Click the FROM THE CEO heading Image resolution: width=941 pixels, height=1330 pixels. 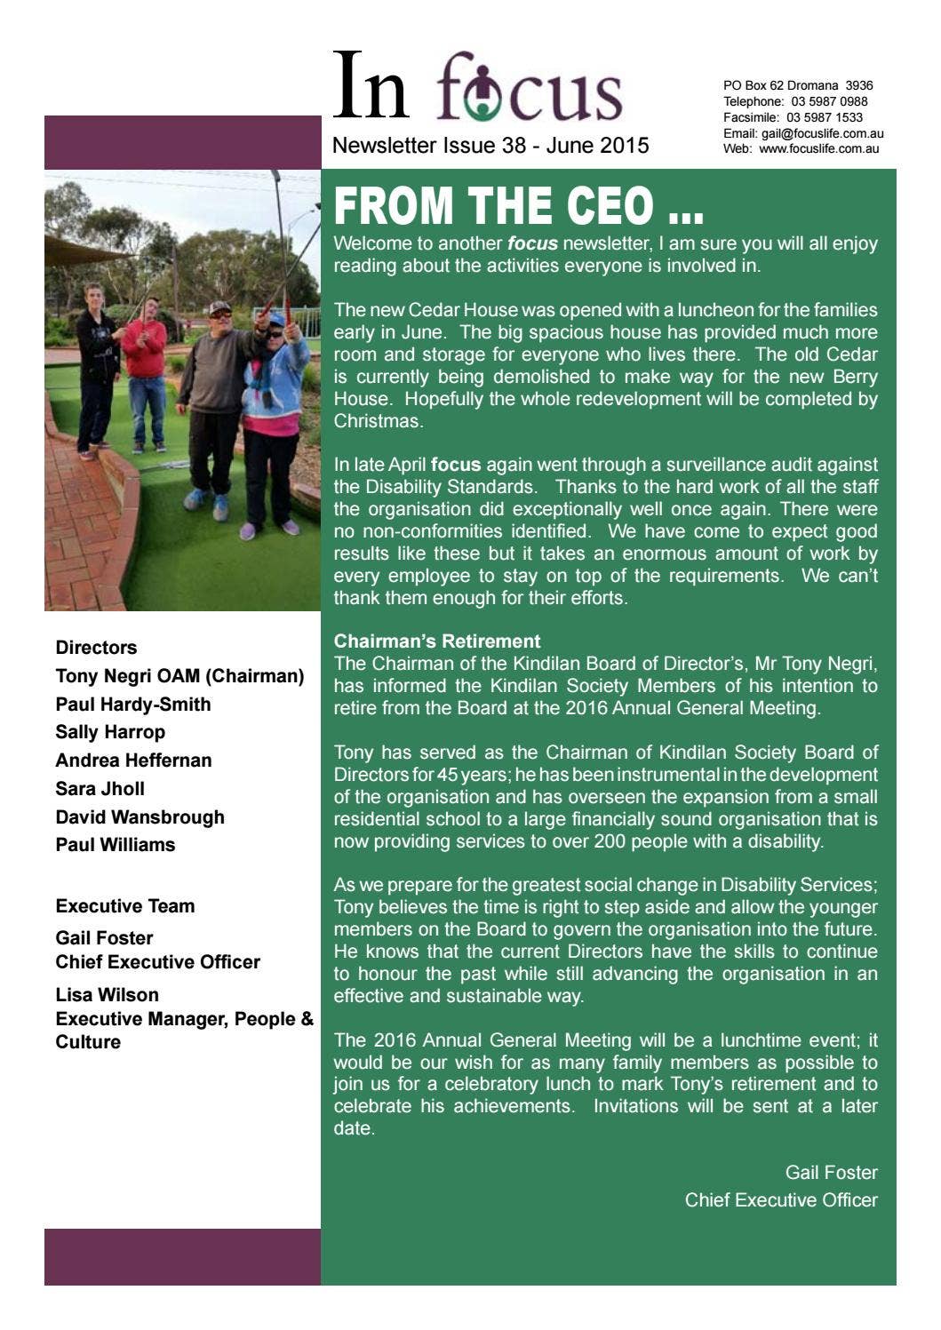tap(518, 206)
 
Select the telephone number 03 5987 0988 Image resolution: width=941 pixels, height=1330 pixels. tap(829, 101)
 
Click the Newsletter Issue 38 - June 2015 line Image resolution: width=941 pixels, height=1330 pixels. tap(490, 146)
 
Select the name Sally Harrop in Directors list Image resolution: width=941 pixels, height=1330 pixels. tap(110, 732)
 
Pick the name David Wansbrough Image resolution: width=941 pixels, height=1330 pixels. tap(140, 816)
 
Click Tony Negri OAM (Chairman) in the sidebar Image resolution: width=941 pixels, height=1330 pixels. tap(179, 676)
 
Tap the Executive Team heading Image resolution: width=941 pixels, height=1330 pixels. tap(124, 906)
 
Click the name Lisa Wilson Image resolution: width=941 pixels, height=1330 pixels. tap(107, 994)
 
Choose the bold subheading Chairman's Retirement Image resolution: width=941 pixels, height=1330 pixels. tap(436, 641)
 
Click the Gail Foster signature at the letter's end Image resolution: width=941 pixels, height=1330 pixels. tap(831, 1172)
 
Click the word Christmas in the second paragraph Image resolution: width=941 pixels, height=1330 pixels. tap(378, 421)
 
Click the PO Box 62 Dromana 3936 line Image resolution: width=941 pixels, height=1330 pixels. tap(797, 85)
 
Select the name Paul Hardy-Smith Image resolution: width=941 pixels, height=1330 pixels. tap(133, 705)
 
